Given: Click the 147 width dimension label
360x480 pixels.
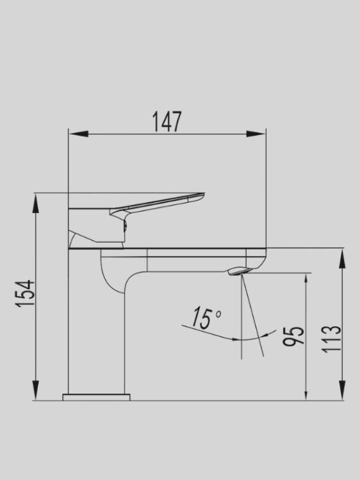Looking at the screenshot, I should pyautogui.click(x=167, y=122).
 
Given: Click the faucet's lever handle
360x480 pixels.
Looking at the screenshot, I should pyautogui.click(x=160, y=204).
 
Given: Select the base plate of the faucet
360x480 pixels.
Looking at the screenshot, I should pyautogui.click(x=96, y=397).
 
